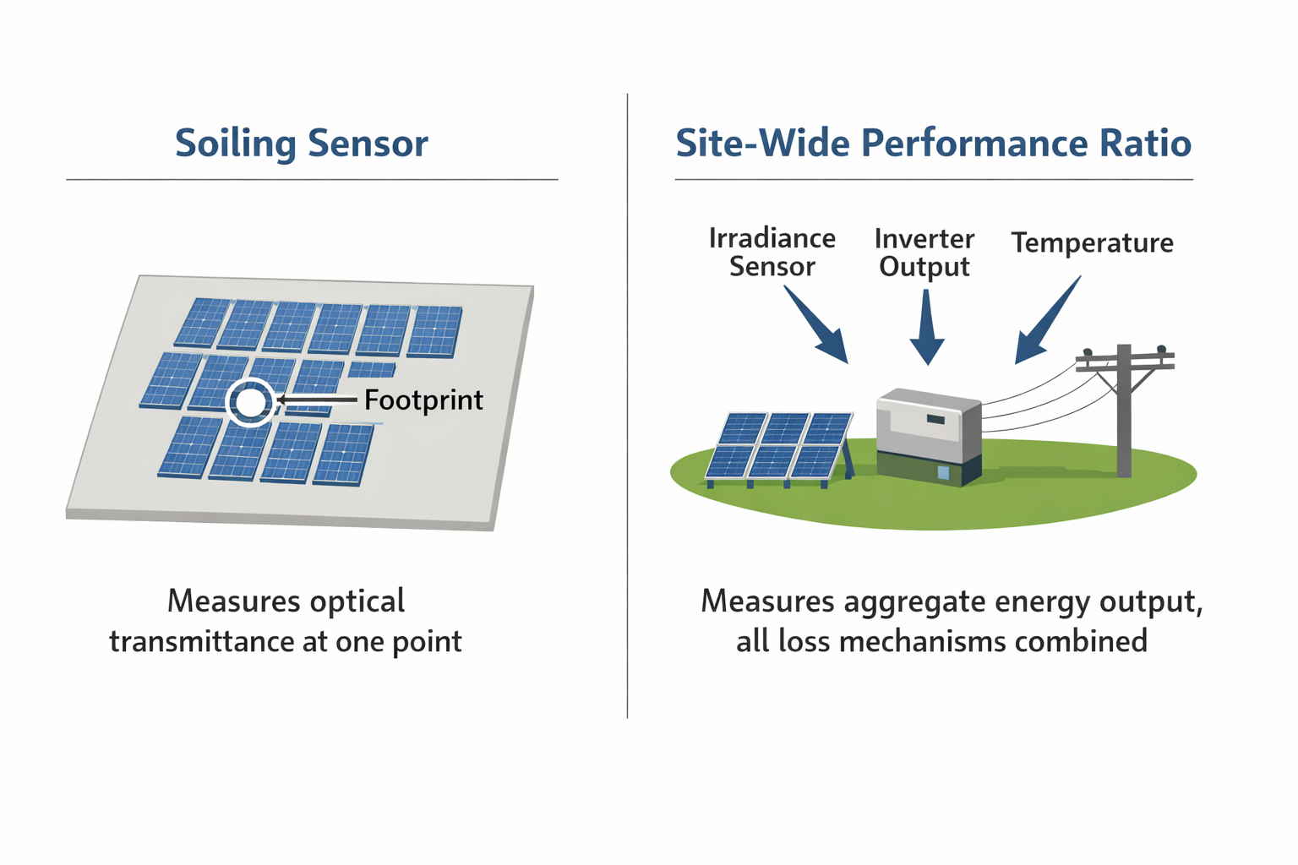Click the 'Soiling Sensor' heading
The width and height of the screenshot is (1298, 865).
tap(301, 144)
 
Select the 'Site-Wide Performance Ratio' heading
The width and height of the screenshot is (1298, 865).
tap(933, 144)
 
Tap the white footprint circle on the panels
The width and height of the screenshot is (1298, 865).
tap(250, 402)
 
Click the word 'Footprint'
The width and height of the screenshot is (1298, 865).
tap(423, 400)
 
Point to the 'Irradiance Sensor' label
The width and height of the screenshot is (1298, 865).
tap(772, 253)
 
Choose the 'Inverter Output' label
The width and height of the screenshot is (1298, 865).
tap(924, 253)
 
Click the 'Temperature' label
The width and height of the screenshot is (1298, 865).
tap(1092, 243)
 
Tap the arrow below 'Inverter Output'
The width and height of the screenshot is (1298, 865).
tap(927, 329)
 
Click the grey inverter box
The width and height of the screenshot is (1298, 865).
tap(928, 436)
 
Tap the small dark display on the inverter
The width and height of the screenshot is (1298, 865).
tap(935, 419)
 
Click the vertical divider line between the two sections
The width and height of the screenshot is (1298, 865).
tap(627, 405)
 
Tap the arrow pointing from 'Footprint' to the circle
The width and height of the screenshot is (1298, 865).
tap(316, 400)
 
